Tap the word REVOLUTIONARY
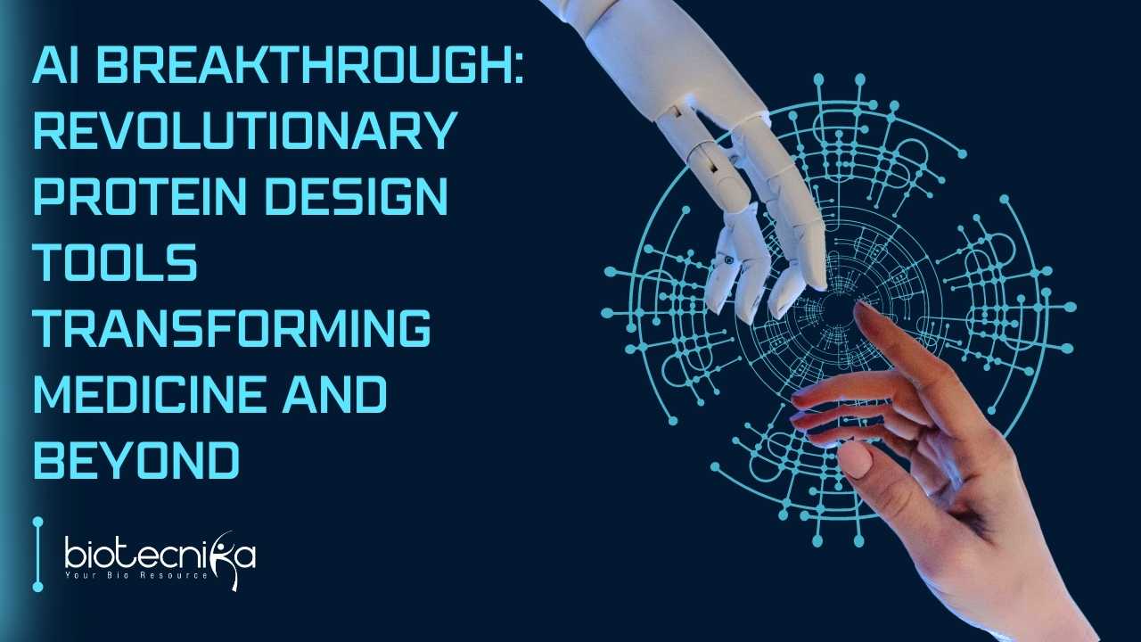pos(245,130)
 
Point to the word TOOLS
pos(116,262)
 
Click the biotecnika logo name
pos(160,556)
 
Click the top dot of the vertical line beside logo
pos(37,522)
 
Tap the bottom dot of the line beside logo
pos(37,587)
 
